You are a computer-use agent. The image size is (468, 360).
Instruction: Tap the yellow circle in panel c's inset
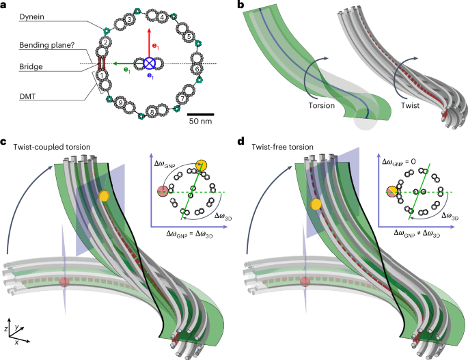pos(201,165)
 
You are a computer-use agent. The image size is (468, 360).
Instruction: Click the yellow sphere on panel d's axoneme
pos(316,204)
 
